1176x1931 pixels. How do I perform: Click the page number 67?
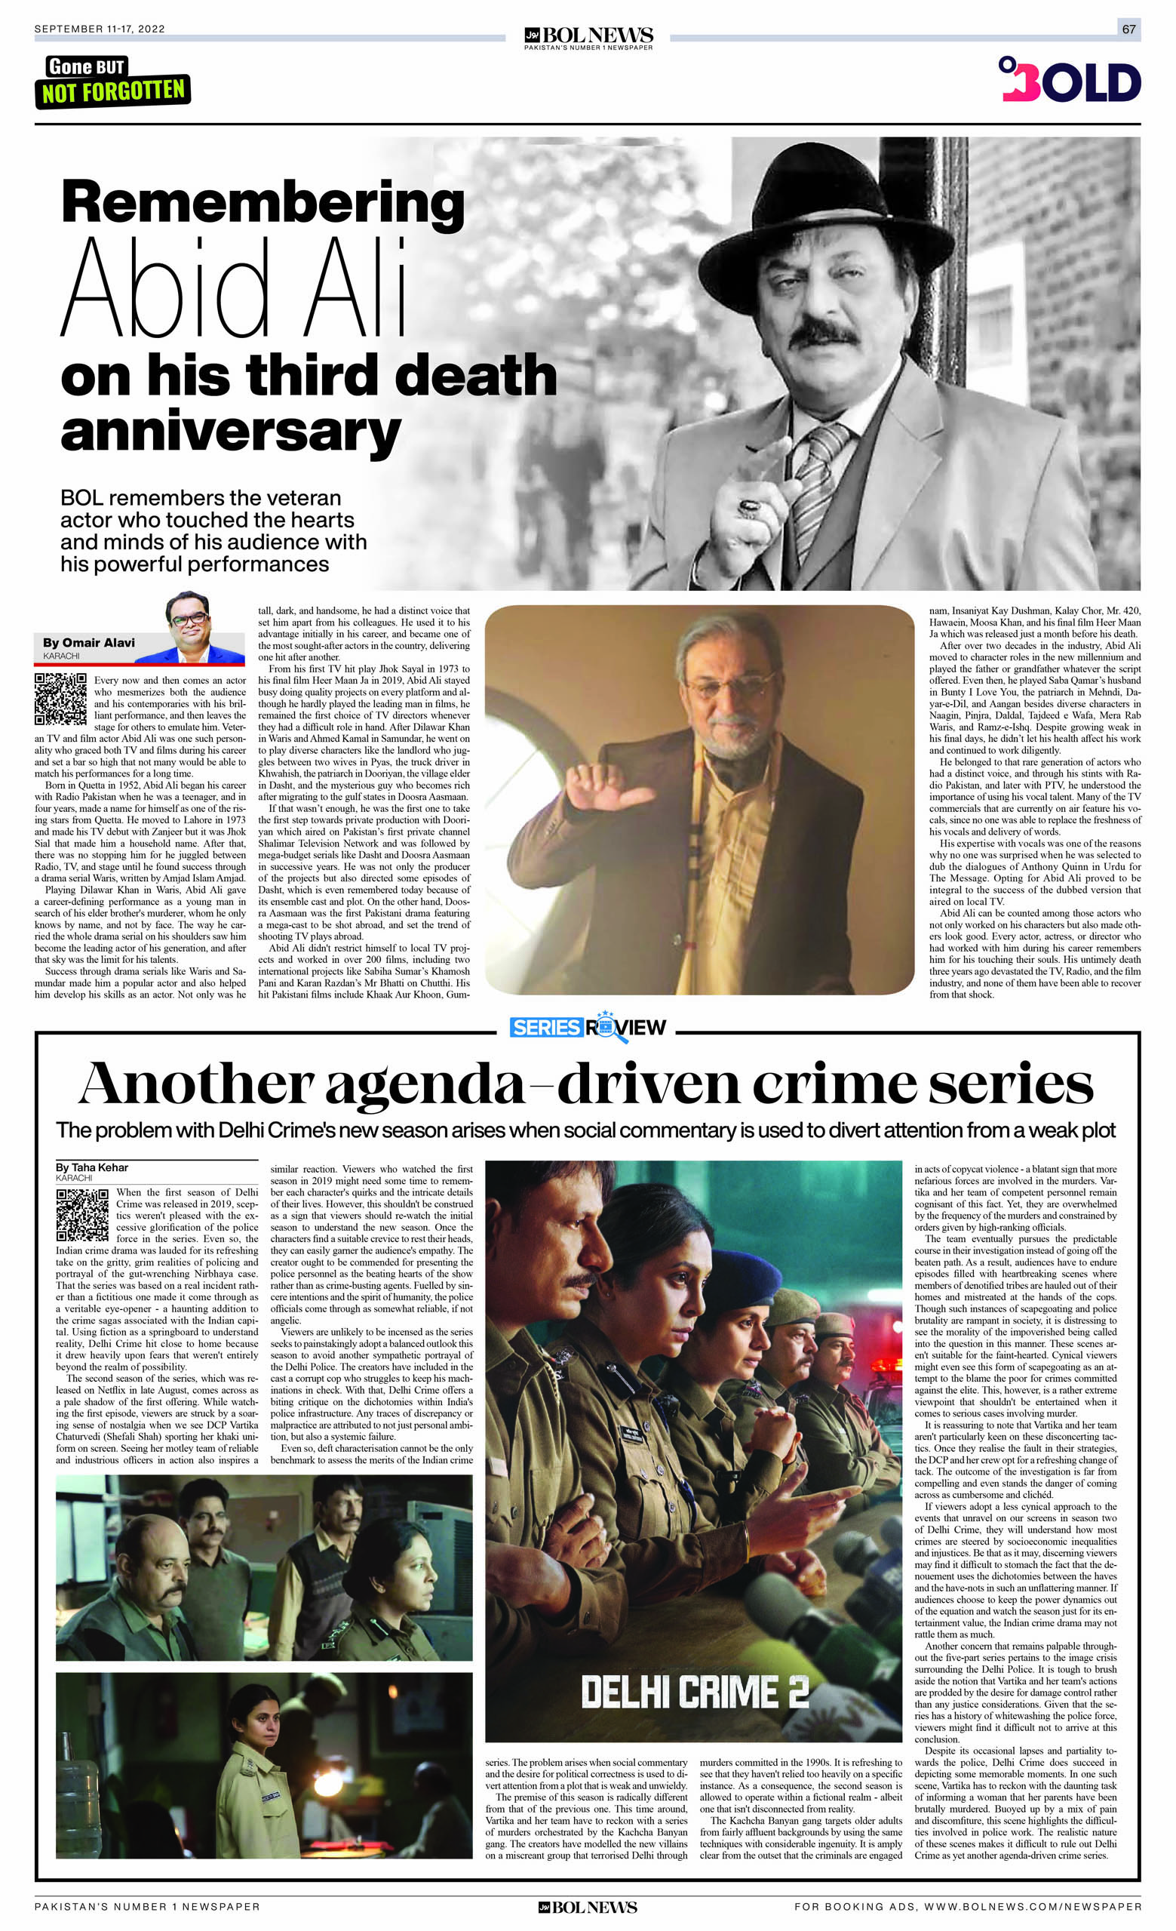point(1128,29)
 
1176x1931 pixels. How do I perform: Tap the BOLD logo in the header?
point(1070,80)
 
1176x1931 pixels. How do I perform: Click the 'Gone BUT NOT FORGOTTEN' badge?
point(113,81)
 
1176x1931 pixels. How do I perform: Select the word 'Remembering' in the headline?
point(263,203)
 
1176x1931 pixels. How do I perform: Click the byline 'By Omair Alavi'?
point(88,643)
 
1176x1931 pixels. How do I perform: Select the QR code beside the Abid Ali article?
point(60,698)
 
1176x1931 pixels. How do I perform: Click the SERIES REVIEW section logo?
point(587,1028)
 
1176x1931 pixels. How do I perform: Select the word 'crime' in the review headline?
point(835,1084)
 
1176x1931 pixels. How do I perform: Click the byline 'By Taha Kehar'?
point(92,1167)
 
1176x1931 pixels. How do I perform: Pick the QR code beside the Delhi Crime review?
point(82,1215)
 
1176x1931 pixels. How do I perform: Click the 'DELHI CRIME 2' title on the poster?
point(694,1692)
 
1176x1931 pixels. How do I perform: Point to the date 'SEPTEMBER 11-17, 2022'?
point(100,29)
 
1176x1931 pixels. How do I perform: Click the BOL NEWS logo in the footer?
point(588,1907)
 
